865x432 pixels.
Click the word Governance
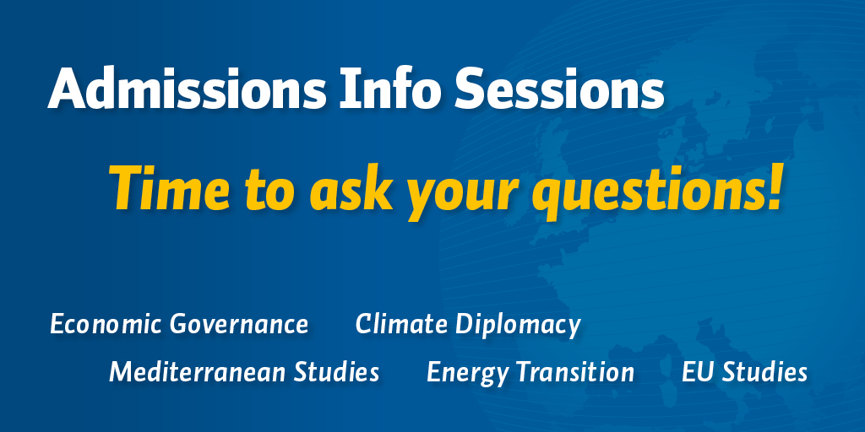point(238,324)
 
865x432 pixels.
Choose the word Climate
point(401,324)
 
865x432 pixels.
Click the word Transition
point(573,372)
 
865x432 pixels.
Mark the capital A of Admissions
point(66,89)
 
